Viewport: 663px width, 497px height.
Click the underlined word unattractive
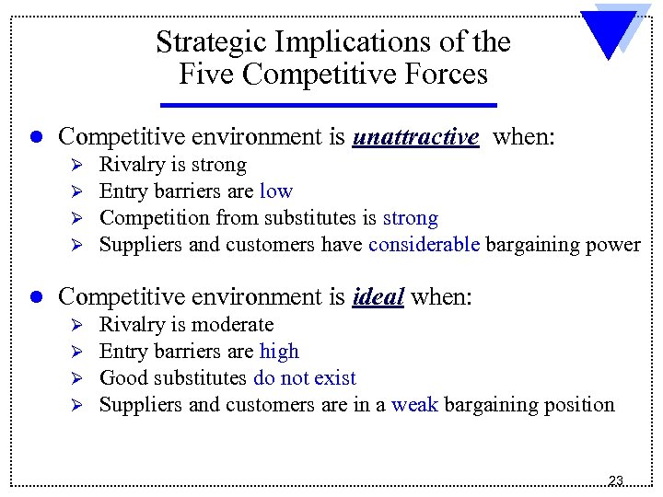[x=415, y=138]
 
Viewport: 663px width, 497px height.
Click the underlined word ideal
[x=378, y=297]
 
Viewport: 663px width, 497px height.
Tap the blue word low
[x=275, y=191]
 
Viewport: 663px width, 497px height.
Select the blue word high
[x=279, y=351]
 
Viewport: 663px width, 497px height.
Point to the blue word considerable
[x=424, y=245]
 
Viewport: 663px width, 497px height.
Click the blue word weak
[x=414, y=404]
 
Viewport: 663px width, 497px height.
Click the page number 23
[x=616, y=480]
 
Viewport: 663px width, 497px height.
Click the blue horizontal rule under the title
[x=329, y=104]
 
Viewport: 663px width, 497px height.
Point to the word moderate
[x=232, y=324]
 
